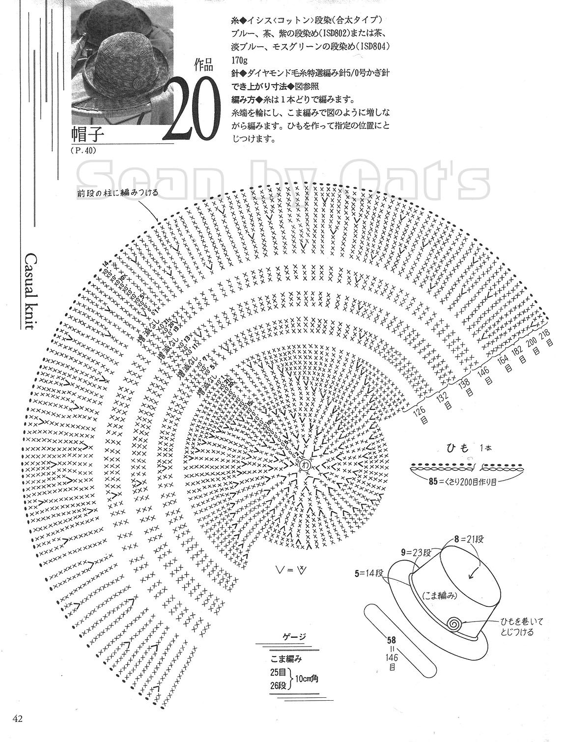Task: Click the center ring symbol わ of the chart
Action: point(305,463)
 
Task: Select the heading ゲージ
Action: point(293,637)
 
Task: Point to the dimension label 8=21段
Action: point(469,539)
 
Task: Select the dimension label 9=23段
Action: point(417,552)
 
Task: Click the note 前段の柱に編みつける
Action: point(117,193)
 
